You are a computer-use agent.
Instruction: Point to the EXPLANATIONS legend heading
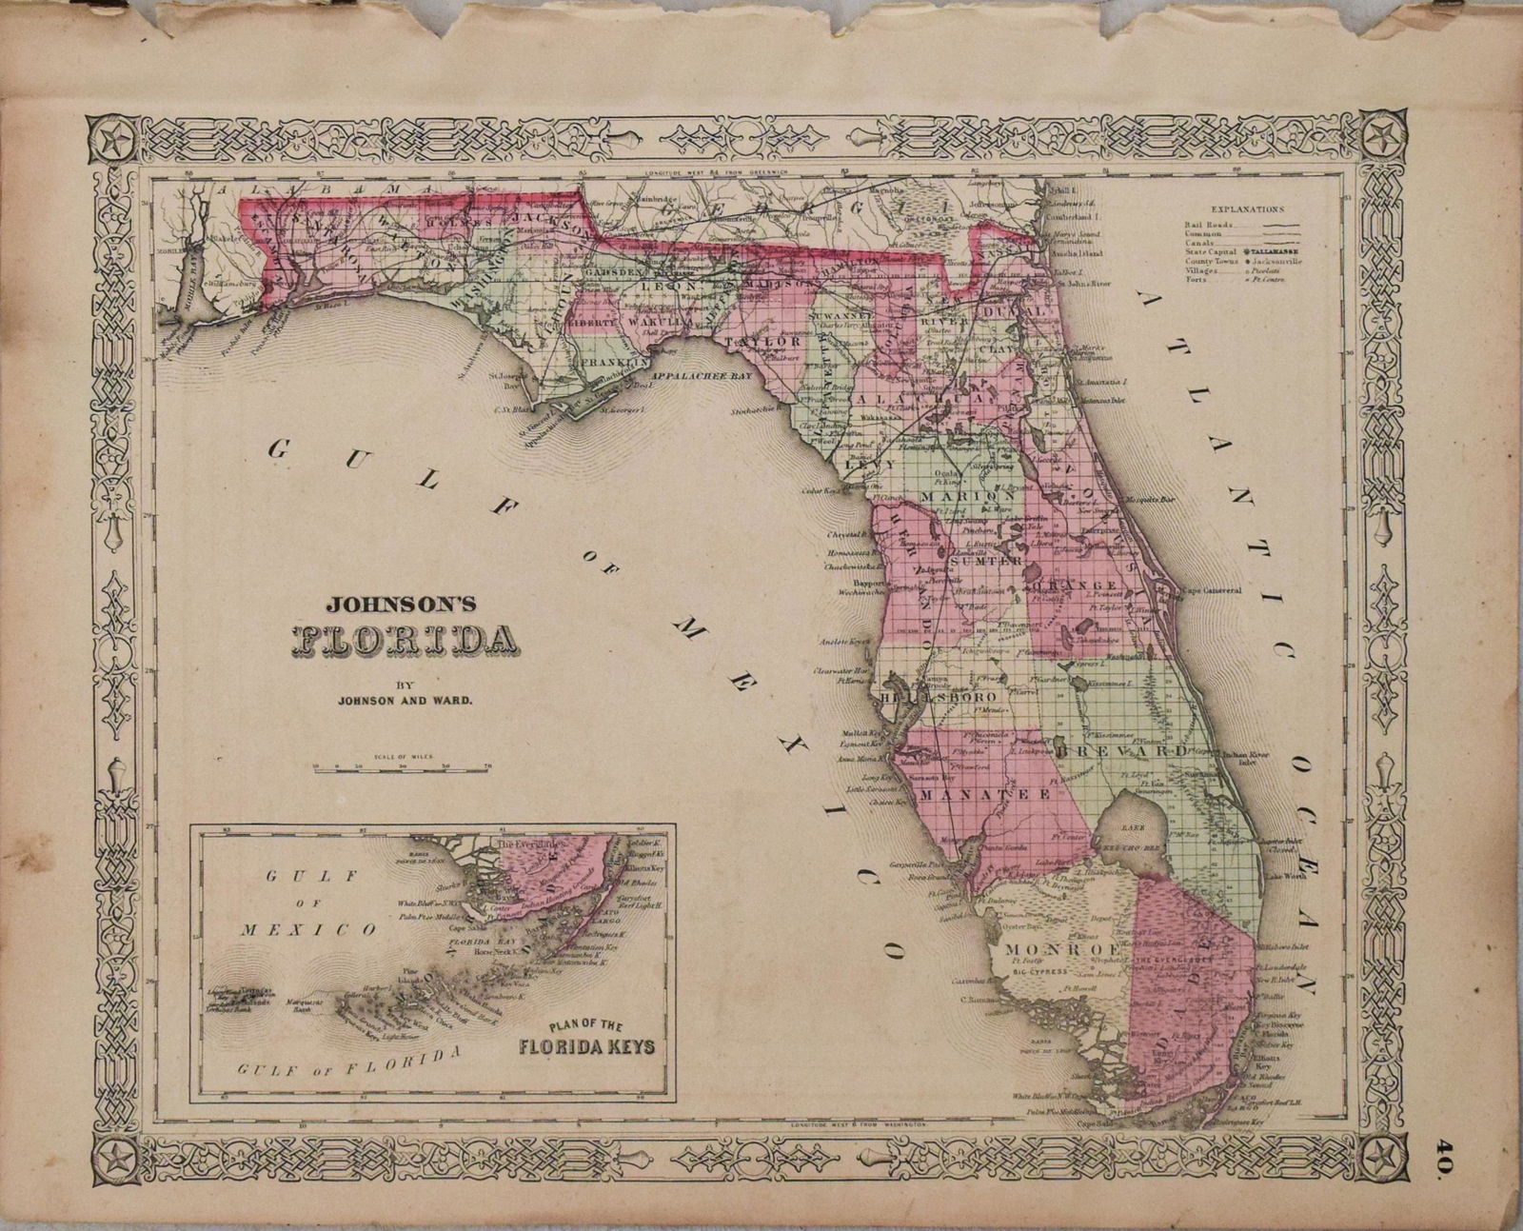click(1247, 208)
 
